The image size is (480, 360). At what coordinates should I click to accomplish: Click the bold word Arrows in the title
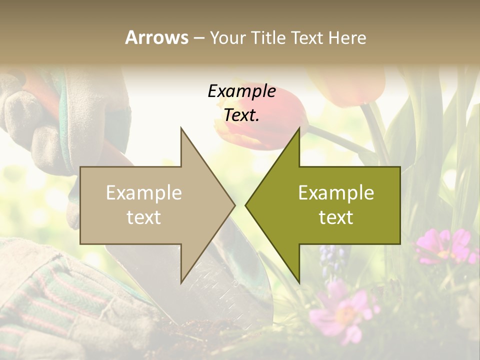pyautogui.click(x=156, y=37)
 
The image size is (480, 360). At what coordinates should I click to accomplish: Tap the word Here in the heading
pyautogui.click(x=347, y=37)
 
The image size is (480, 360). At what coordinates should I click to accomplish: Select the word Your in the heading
pyautogui.click(x=227, y=38)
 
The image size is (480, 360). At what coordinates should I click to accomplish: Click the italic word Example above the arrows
pyautogui.click(x=242, y=91)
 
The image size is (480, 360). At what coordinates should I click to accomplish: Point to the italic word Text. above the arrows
pyautogui.click(x=242, y=115)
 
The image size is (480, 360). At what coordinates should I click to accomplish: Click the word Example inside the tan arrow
pyautogui.click(x=144, y=192)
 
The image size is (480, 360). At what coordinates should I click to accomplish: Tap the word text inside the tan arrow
pyautogui.click(x=144, y=217)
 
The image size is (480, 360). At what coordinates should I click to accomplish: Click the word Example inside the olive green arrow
pyautogui.click(x=336, y=192)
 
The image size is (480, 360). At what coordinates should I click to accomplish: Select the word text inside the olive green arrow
pyautogui.click(x=336, y=217)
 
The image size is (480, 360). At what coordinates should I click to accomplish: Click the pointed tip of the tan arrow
pyautogui.click(x=234, y=205)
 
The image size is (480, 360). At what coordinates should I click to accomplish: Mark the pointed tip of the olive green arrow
pyautogui.click(x=246, y=205)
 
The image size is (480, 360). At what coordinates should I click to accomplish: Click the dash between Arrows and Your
pyautogui.click(x=198, y=38)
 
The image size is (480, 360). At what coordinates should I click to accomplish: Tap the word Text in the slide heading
pyautogui.click(x=308, y=37)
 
